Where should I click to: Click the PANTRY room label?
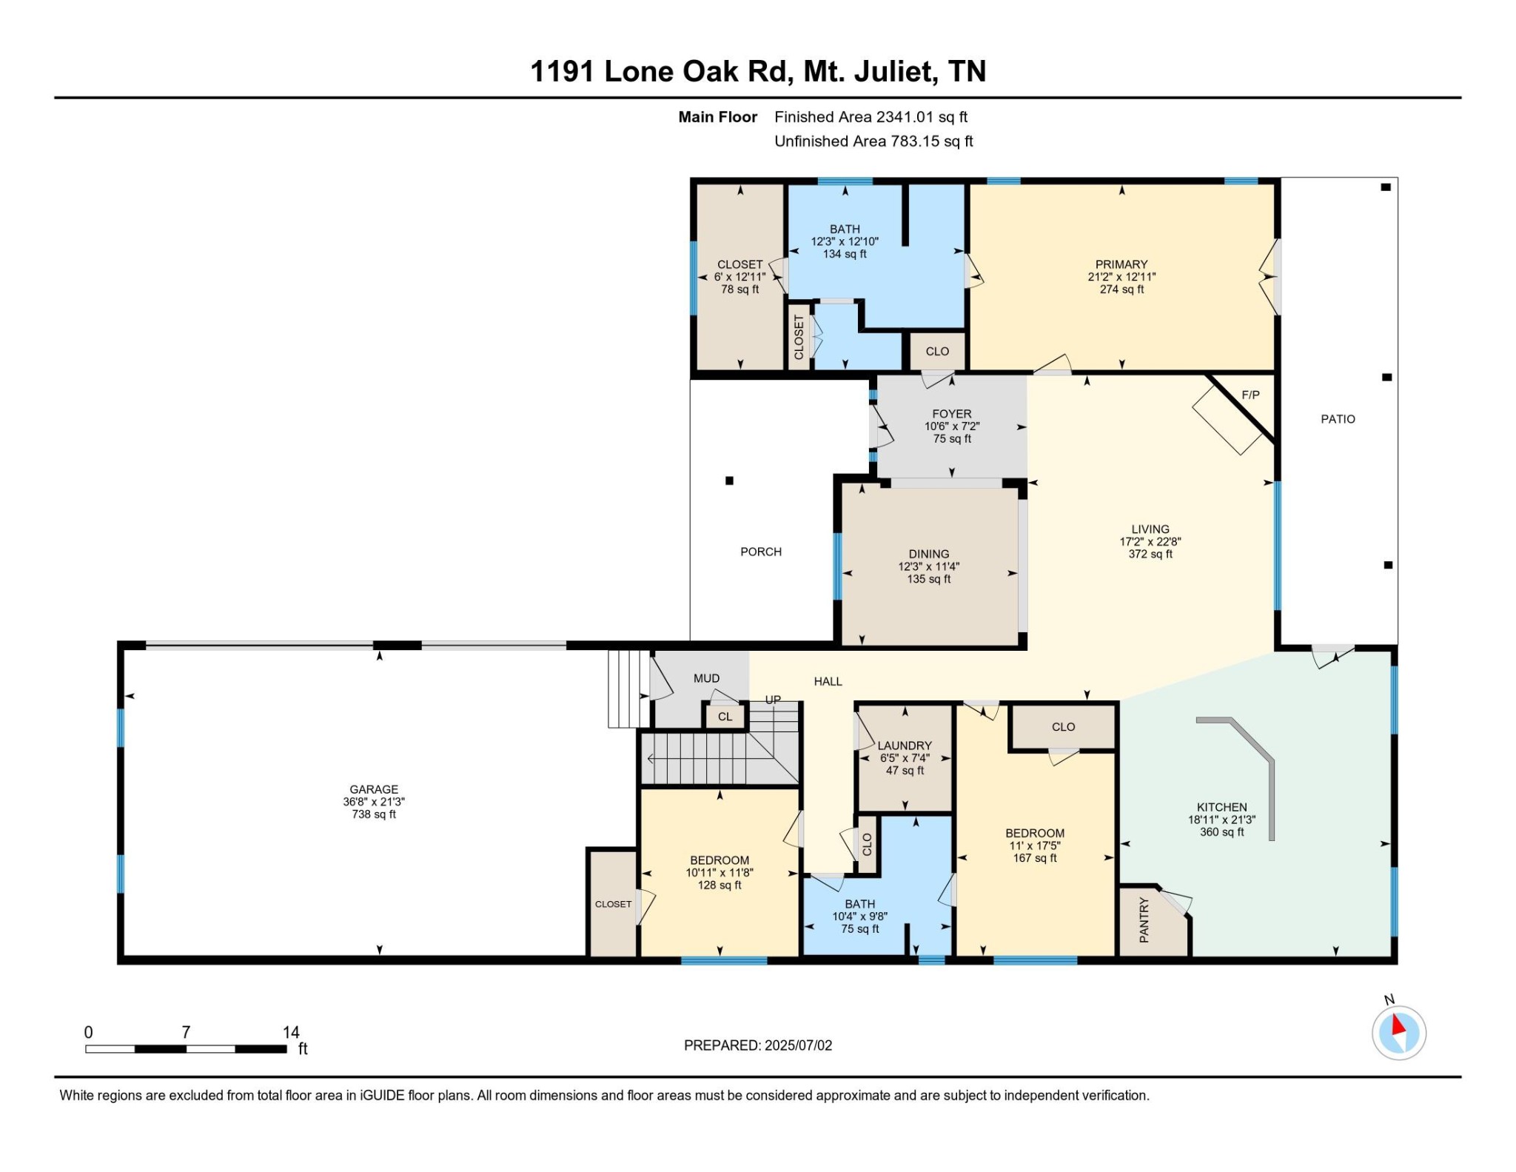1144,920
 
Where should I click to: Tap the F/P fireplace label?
1250,395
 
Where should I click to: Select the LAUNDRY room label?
904,746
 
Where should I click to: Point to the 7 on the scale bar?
186,1031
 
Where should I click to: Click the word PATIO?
1338,419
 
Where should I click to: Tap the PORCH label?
761,552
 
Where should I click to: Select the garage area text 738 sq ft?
374,814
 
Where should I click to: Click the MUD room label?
706,678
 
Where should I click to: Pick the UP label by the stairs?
773,700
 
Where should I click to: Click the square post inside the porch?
729,480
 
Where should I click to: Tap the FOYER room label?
951,414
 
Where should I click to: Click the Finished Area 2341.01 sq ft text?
871,117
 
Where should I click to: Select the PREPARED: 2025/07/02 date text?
757,1045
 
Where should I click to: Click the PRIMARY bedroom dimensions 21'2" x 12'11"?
1121,277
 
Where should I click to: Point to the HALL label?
828,681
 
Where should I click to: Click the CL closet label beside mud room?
725,717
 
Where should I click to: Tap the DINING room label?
928,554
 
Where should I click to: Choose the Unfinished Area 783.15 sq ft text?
873,141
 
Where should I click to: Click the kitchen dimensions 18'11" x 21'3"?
1221,820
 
